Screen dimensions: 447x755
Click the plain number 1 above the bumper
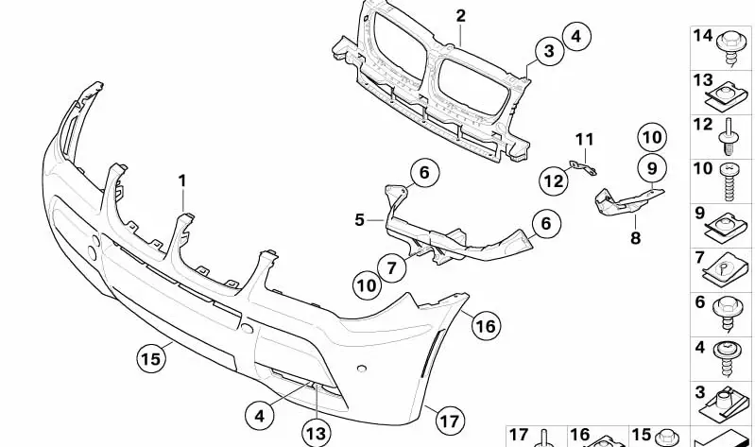pyautogui.click(x=183, y=179)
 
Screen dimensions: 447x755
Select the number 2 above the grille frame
pyautogui.click(x=460, y=16)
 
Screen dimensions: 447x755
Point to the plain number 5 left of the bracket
pyautogui.click(x=360, y=220)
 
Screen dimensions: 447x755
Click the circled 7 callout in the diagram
pyautogui.click(x=394, y=267)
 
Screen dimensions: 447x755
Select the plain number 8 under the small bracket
pyautogui.click(x=635, y=239)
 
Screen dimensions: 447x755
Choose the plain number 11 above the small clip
pyautogui.click(x=584, y=142)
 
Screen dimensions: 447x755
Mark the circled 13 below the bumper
pyautogui.click(x=317, y=433)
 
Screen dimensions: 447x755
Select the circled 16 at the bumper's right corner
pyautogui.click(x=485, y=326)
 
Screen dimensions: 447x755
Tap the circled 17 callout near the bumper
pyautogui.click(x=449, y=417)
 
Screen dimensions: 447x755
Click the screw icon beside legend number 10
pyautogui.click(x=731, y=181)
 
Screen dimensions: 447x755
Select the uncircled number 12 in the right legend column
pyautogui.click(x=702, y=125)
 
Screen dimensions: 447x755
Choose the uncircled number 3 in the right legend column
pyautogui.click(x=700, y=392)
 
